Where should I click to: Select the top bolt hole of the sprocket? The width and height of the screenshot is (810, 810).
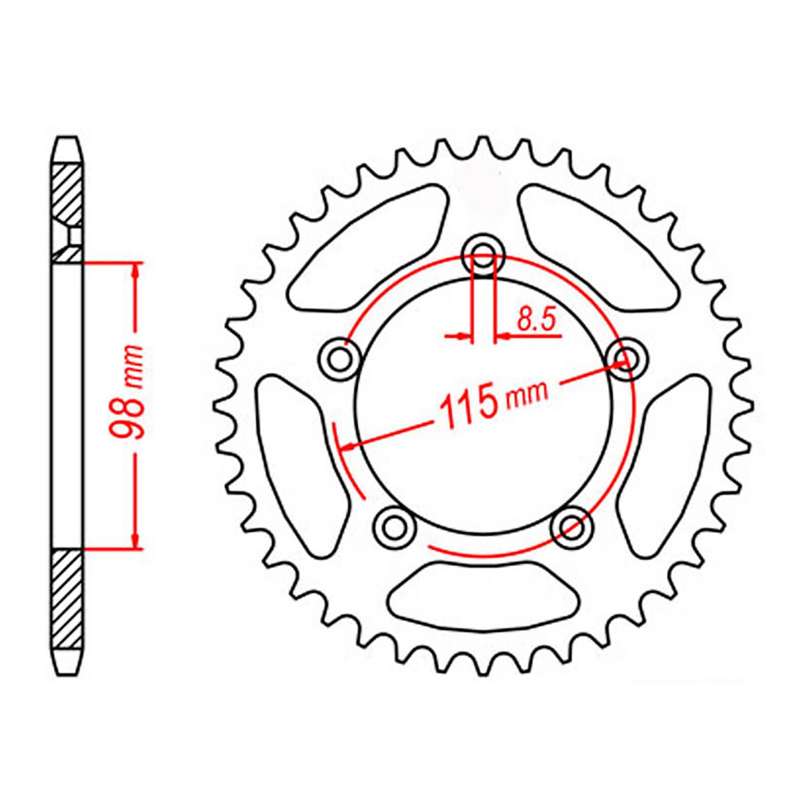pos(484,256)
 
